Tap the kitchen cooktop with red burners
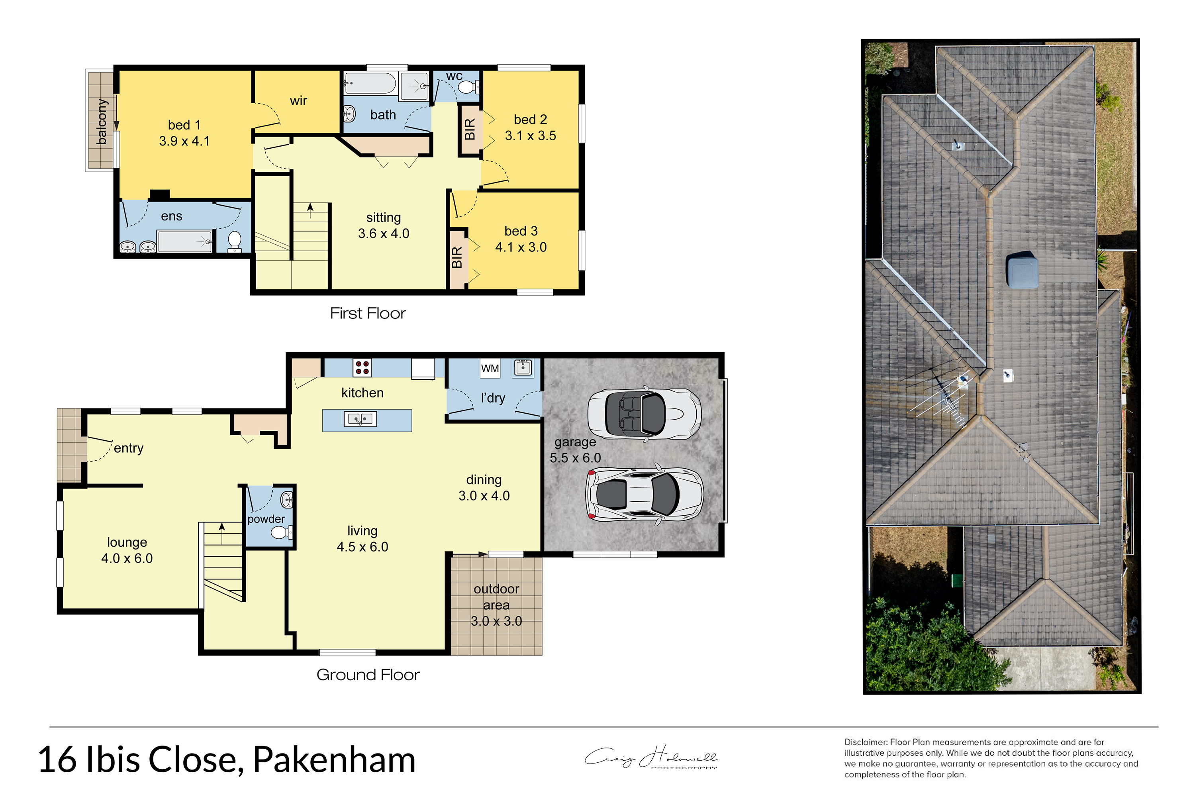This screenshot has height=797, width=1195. [x=362, y=367]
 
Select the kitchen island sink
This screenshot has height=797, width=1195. [x=360, y=419]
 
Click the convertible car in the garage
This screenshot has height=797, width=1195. [x=644, y=413]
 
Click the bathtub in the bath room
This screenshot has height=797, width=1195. [x=370, y=83]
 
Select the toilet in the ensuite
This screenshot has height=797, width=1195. [x=234, y=241]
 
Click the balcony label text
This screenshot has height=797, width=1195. [x=102, y=122]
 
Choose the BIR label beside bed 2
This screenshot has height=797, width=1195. [x=470, y=129]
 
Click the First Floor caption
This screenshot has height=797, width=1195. [x=368, y=313]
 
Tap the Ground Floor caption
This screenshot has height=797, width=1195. [x=368, y=675]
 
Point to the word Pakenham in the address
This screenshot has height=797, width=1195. [x=334, y=760]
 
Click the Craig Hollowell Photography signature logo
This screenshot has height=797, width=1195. [x=651, y=758]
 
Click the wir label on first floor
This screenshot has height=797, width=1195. [x=299, y=101]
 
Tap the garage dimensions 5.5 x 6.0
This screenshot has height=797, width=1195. [x=575, y=458]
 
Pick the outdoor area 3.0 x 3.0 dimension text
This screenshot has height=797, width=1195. [x=496, y=621]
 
